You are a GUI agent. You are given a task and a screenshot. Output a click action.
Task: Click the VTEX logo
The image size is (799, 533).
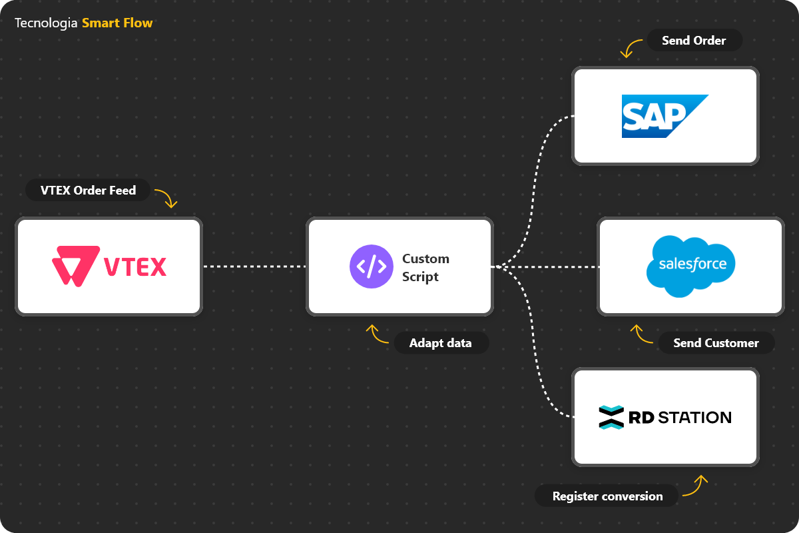click(x=109, y=266)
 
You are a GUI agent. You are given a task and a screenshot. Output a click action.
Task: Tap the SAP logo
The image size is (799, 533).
click(x=665, y=116)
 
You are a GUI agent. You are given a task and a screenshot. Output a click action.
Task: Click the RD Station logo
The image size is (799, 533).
click(x=665, y=418)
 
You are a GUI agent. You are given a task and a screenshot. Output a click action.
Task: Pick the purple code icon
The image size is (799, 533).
click(x=372, y=266)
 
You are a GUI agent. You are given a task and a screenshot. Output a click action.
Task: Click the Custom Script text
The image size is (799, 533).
click(x=425, y=267)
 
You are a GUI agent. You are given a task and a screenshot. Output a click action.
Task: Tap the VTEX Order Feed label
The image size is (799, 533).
click(x=88, y=191)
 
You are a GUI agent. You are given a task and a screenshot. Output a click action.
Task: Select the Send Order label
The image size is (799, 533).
click(x=694, y=41)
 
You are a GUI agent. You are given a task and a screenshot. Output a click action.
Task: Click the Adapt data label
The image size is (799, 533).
click(x=440, y=343)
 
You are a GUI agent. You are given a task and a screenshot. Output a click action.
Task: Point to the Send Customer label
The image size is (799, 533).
click(x=716, y=343)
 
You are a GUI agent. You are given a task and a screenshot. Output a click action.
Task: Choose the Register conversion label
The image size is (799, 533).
click(x=607, y=496)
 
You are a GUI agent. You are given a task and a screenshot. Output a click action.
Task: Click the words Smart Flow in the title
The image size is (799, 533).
click(x=117, y=23)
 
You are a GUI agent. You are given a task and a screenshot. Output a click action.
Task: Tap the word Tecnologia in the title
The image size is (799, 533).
click(x=46, y=23)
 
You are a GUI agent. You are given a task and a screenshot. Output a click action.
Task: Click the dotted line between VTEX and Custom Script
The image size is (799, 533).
click(x=253, y=266)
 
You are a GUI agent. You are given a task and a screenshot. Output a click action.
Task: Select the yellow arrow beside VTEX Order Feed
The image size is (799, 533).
click(x=166, y=198)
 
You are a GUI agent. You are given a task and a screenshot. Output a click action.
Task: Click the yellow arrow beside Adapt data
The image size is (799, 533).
click(x=377, y=334)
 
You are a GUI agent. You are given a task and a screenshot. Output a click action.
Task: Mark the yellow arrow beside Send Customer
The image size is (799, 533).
click(x=641, y=334)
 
